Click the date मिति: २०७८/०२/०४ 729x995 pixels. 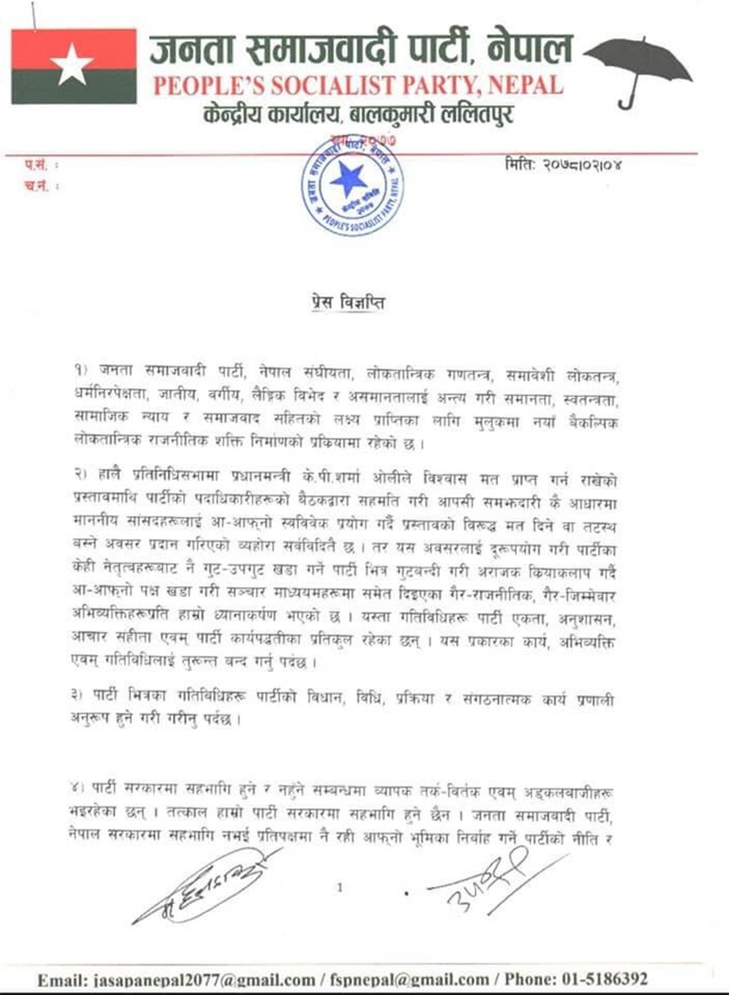pos(568,167)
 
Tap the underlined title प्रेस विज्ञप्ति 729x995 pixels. pos(342,303)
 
